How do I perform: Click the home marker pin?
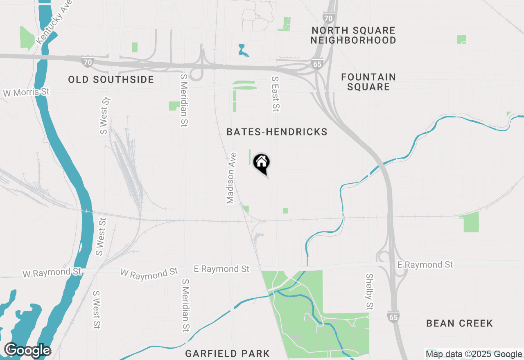(262, 163)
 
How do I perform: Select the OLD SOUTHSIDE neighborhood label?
(111, 79)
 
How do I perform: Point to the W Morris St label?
(26, 92)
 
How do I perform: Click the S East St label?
(276, 94)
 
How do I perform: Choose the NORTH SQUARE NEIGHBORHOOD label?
(353, 35)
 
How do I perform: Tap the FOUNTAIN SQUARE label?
(365, 82)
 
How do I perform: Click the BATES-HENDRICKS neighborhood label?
(277, 132)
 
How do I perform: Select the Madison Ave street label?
(232, 178)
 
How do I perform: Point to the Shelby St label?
(369, 292)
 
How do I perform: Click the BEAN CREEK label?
(459, 324)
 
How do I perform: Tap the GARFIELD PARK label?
(227, 353)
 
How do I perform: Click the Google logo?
(28, 351)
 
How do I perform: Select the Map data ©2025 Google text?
(474, 354)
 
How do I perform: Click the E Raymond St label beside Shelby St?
(425, 265)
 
